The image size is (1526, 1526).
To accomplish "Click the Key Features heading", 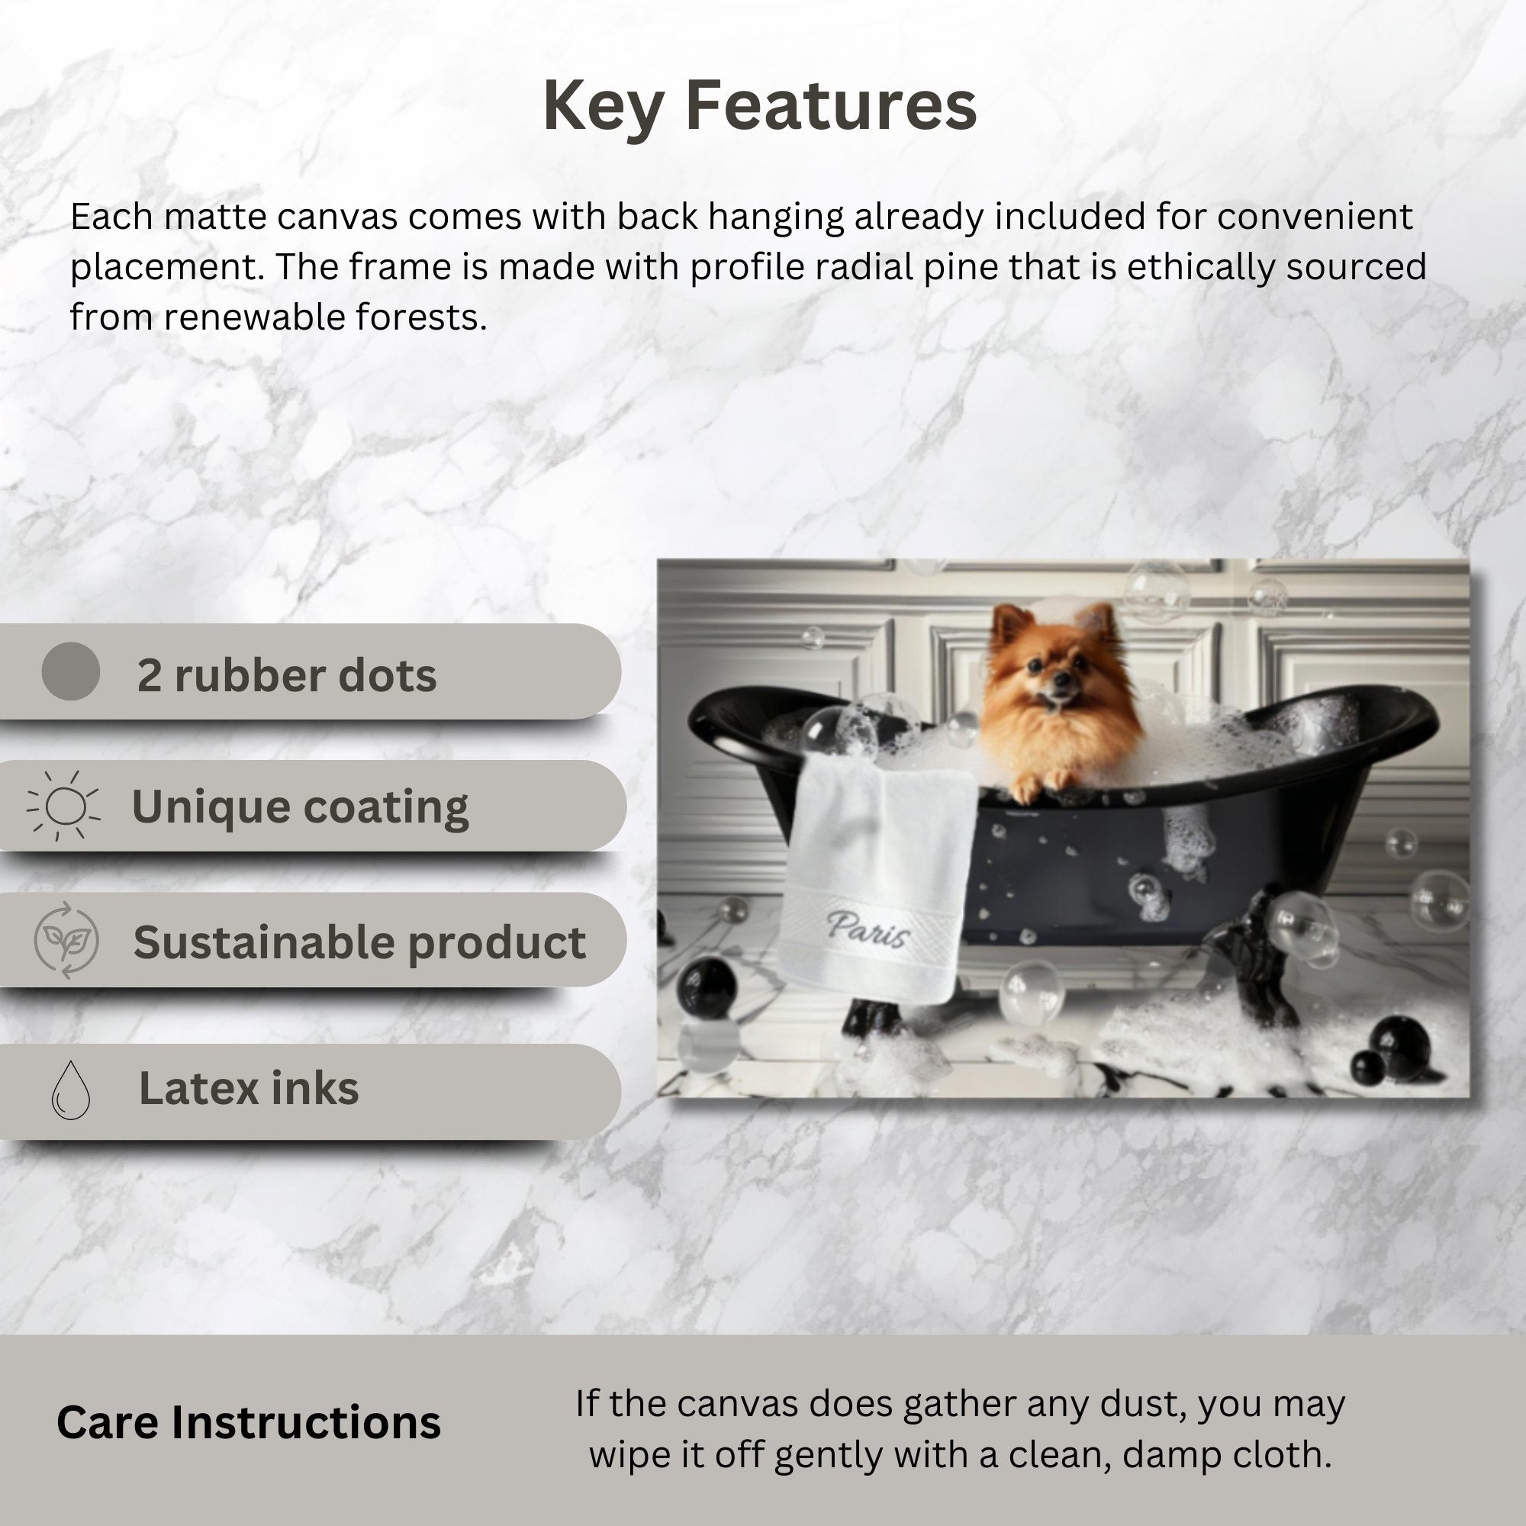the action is (x=760, y=107).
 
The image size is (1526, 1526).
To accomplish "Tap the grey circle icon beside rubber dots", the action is (x=70, y=671).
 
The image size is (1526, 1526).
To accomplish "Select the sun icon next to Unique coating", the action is (x=64, y=806).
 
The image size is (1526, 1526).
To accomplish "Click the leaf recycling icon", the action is (x=66, y=940).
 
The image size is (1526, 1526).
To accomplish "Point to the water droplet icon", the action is (x=70, y=1090).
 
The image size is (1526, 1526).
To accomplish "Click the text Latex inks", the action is (x=249, y=1089).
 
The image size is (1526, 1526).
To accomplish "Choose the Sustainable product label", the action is (x=359, y=943).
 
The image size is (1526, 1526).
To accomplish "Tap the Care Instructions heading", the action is (x=249, y=1422).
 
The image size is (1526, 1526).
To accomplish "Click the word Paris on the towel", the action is (x=868, y=929).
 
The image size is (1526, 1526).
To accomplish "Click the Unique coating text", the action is (x=300, y=807).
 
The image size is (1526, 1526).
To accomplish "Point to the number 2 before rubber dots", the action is (x=149, y=676).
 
